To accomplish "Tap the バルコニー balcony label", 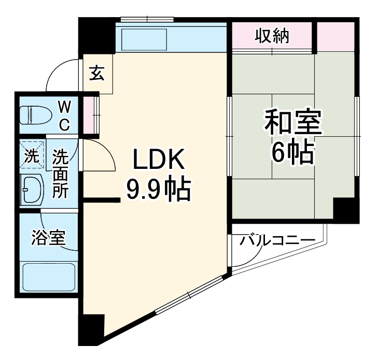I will click(277, 241).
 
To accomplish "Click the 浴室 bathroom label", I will click(48, 238).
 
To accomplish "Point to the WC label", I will click(64, 116).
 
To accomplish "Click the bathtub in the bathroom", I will click(48, 277).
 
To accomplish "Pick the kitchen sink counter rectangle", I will click(144, 39).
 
